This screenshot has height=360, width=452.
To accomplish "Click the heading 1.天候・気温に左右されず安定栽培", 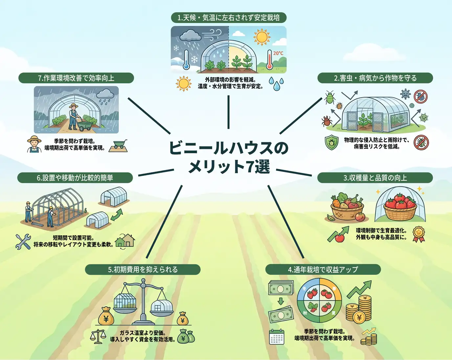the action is click(x=229, y=18).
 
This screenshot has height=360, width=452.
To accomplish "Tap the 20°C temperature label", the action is click(x=278, y=53).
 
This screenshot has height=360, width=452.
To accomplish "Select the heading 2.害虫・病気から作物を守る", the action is click(x=375, y=78).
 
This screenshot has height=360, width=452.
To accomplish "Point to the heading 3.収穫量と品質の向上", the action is click(x=375, y=178).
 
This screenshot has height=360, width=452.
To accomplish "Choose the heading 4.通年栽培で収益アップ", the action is click(x=323, y=270).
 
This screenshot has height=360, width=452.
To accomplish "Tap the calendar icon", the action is click(x=277, y=337).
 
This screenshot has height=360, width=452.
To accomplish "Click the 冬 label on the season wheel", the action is click(x=305, y=289).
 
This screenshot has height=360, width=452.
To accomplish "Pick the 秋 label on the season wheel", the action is click(x=305, y=313).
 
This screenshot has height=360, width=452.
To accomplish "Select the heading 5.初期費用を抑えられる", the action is click(x=143, y=270).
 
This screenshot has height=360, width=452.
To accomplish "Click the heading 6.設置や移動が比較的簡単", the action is click(x=75, y=178).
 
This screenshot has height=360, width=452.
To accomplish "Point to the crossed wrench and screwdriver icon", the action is click(x=23, y=242).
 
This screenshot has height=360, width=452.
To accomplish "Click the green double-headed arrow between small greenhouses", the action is click(x=117, y=215).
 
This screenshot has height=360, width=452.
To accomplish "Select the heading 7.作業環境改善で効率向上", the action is click(x=76, y=78).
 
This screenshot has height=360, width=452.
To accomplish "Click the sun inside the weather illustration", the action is click(x=261, y=37).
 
